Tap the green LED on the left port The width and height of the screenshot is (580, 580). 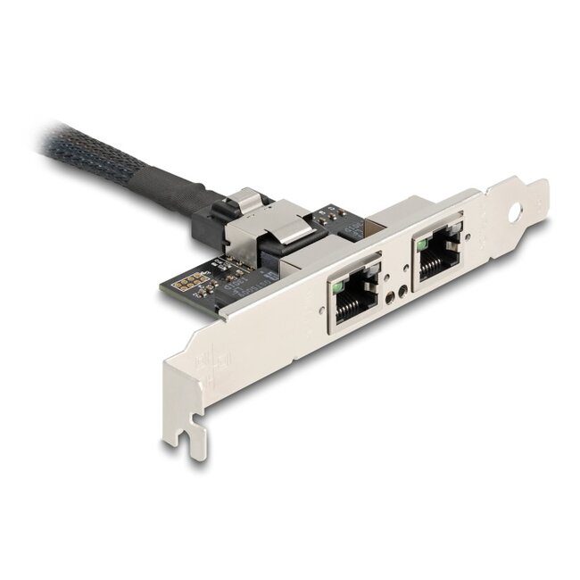coord(339,288)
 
